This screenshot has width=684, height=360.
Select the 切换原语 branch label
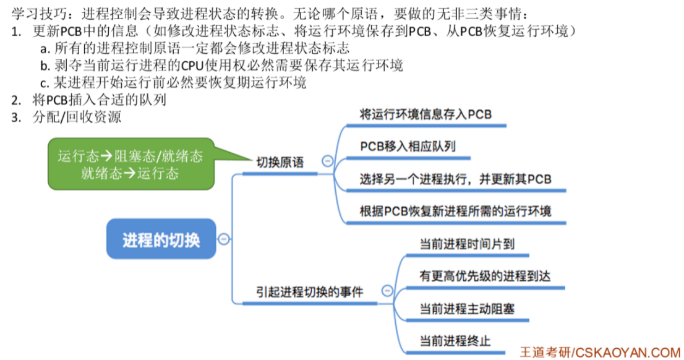tap(280, 162)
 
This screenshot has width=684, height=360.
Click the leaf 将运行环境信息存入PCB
tap(425, 114)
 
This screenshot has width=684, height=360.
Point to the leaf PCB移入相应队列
tap(408, 147)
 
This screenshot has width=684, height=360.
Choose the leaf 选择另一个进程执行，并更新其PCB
tap(455, 179)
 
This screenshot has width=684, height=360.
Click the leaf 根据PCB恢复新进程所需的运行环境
tap(455, 211)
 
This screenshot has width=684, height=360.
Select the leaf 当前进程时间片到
tap(467, 244)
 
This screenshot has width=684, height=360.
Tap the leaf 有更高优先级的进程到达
tap(484, 276)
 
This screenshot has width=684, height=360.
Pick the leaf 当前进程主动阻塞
tap(467, 309)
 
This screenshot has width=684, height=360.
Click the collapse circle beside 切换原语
tap(327, 162)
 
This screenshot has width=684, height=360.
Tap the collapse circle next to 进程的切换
tap(223, 239)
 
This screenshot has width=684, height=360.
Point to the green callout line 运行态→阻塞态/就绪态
tap(130, 156)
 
